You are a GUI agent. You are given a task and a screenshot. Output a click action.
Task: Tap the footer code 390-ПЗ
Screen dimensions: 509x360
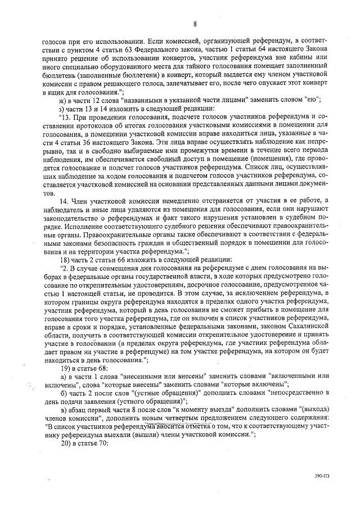(x=322, y=483)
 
